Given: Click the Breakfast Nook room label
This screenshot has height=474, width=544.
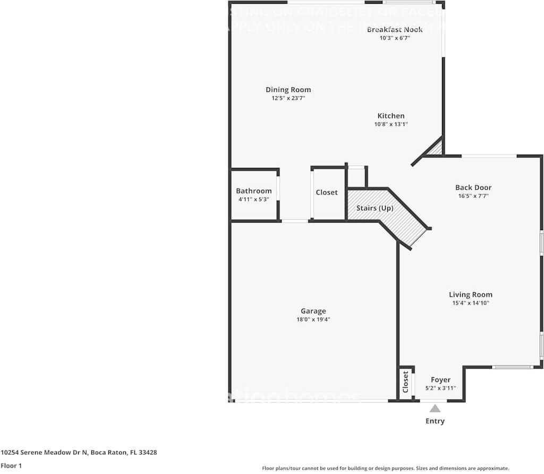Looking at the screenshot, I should click(x=395, y=29).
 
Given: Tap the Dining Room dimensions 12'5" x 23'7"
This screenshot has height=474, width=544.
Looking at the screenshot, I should click(x=288, y=98).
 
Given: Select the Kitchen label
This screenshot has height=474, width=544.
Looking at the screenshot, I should click(x=391, y=116).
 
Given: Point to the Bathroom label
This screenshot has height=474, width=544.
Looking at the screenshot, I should click(x=253, y=191).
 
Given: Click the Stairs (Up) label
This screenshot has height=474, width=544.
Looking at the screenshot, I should click(x=375, y=208).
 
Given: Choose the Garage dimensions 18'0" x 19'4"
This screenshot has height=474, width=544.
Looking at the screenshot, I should click(x=313, y=320).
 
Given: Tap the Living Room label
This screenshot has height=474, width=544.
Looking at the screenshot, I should click(x=470, y=294).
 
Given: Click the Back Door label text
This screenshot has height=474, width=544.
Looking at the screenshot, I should click(x=473, y=187).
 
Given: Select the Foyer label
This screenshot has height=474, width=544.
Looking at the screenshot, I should click(x=440, y=380).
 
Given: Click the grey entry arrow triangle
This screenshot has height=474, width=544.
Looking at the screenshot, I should click(x=435, y=409).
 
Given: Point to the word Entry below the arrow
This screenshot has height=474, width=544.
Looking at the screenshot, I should click(x=435, y=421).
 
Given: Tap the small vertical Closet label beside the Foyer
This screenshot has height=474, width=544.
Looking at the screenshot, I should click(x=406, y=383).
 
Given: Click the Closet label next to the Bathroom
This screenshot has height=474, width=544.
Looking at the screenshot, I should click(x=326, y=192).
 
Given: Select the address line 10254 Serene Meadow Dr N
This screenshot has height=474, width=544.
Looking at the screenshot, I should click(x=79, y=453).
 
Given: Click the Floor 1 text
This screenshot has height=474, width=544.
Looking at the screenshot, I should click(x=11, y=466).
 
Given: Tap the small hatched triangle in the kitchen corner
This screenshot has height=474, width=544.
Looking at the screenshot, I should click(x=437, y=148).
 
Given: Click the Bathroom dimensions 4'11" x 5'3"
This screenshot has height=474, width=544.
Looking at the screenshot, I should click(x=253, y=199).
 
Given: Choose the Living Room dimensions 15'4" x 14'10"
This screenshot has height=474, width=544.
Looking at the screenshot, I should click(x=470, y=303).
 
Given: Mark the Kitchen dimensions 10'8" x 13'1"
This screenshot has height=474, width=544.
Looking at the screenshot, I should click(x=391, y=124).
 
